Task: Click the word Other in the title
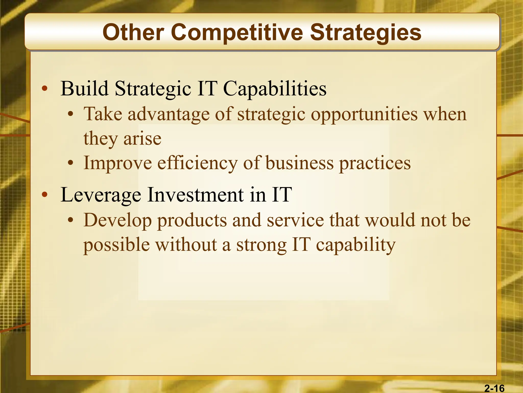click(x=133, y=32)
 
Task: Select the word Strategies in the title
click(x=365, y=33)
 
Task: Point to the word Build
click(x=85, y=89)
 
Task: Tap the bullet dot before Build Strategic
click(x=45, y=89)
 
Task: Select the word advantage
click(x=169, y=114)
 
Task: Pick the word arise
click(x=142, y=139)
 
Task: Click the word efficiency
click(x=197, y=163)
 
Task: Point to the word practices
click(x=375, y=163)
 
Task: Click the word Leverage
click(x=101, y=195)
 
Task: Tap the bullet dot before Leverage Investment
click(x=45, y=195)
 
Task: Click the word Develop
click(x=117, y=220)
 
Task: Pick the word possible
click(x=117, y=245)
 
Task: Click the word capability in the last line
click(x=356, y=245)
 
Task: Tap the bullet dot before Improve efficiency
click(x=71, y=163)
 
